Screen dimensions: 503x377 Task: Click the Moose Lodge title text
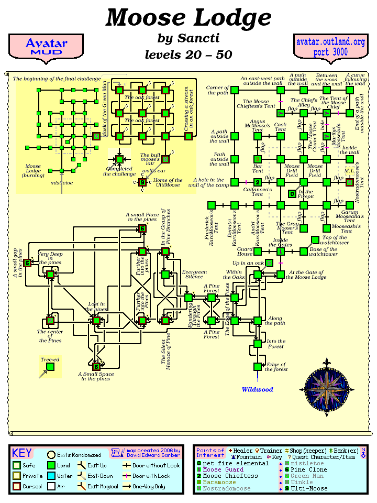pyautogui.click(x=188, y=18)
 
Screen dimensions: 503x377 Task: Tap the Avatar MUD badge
pyautogui.click(x=46, y=47)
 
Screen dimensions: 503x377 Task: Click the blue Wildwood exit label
pyautogui.click(x=257, y=390)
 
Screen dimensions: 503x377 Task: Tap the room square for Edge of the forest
pyautogui.click(x=257, y=367)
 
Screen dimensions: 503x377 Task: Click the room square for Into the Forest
pyautogui.click(x=257, y=344)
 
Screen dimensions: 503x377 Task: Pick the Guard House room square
pyautogui.click(x=257, y=251)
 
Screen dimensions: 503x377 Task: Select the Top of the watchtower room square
pyautogui.click(x=315, y=240)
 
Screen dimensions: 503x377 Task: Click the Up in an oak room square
pyautogui.click(x=269, y=263)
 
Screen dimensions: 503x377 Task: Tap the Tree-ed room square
pyautogui.click(x=50, y=367)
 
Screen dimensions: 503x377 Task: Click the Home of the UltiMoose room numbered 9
pyautogui.click(x=142, y=182)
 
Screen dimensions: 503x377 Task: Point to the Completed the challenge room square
pyautogui.click(x=119, y=159)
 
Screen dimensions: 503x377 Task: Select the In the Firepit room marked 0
pyautogui.click(x=292, y=194)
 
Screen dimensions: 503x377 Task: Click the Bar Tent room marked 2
pyautogui.click(x=257, y=182)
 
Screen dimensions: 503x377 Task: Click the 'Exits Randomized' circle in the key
pyautogui.click(x=51, y=455)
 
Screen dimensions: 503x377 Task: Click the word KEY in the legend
pyautogui.click(x=22, y=453)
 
